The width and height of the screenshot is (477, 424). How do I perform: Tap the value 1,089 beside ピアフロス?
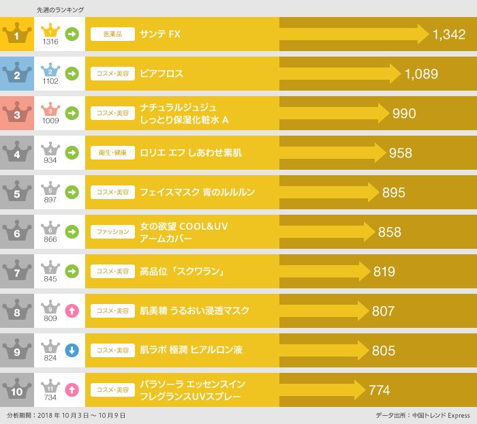[x=420, y=74]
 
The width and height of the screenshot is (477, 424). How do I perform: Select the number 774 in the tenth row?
[x=379, y=390]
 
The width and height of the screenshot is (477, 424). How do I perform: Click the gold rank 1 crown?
[x=16, y=34]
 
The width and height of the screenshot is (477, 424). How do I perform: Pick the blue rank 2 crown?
[x=16, y=74]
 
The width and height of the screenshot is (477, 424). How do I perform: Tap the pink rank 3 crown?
[x=16, y=113]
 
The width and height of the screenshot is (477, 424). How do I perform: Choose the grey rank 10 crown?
[x=16, y=390]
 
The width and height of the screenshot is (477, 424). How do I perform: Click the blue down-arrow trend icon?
[x=72, y=350]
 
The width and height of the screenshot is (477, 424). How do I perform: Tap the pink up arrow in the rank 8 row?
[x=72, y=311]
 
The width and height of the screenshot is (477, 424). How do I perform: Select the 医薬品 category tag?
[x=112, y=34]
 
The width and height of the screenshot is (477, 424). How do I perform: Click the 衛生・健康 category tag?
[x=112, y=153]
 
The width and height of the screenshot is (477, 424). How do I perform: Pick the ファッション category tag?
[x=112, y=232]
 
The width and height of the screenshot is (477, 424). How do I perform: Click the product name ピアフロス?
[x=161, y=74]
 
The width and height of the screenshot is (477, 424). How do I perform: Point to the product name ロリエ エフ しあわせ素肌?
[x=190, y=153]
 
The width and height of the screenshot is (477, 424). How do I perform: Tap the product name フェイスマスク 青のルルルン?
[x=197, y=192]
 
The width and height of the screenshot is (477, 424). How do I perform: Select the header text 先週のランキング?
[x=61, y=10]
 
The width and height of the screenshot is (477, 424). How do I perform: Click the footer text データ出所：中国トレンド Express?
[x=422, y=415]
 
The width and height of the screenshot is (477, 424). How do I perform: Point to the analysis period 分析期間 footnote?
[x=66, y=415]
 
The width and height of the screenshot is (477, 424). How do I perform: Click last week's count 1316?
[x=50, y=42]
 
